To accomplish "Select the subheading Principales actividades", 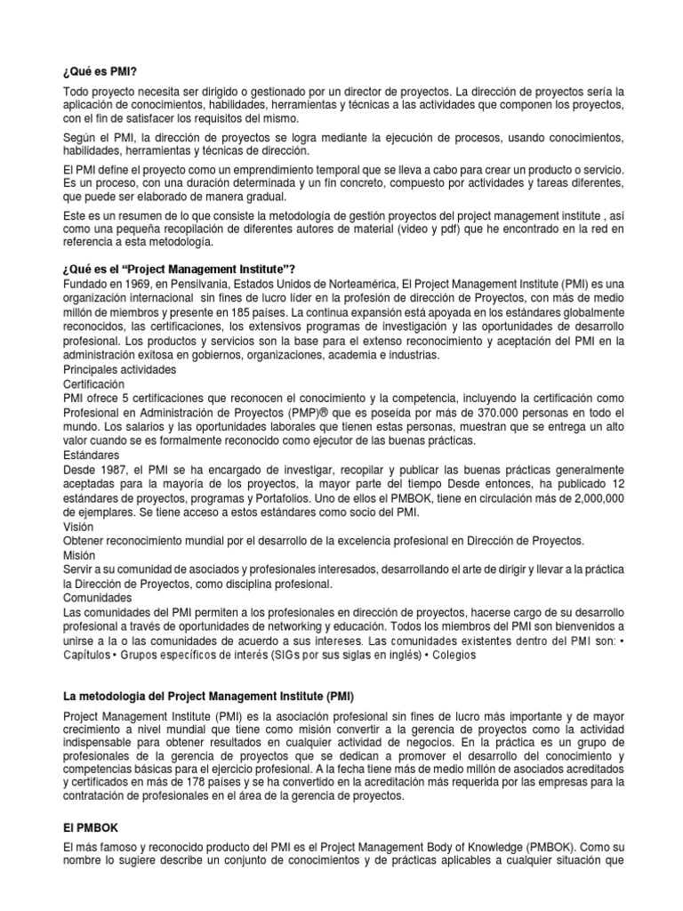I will [119, 369].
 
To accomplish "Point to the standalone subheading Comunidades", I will [98, 598].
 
